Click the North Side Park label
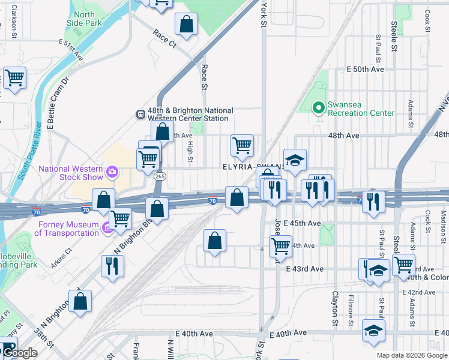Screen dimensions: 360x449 click(x=85, y=19)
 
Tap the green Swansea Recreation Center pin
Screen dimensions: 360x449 click(x=319, y=108)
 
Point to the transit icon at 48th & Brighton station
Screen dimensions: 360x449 click(x=140, y=114)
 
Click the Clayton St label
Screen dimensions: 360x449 click(x=335, y=310)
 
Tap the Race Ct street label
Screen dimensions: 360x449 click(x=164, y=38)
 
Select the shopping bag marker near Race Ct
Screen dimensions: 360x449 click(x=186, y=25)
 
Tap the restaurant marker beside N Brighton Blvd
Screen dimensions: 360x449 click(x=112, y=265)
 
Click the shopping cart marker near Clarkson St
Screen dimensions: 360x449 click(x=14, y=77)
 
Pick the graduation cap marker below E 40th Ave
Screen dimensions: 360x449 click(x=373, y=330)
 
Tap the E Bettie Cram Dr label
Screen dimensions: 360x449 click(x=58, y=103)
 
